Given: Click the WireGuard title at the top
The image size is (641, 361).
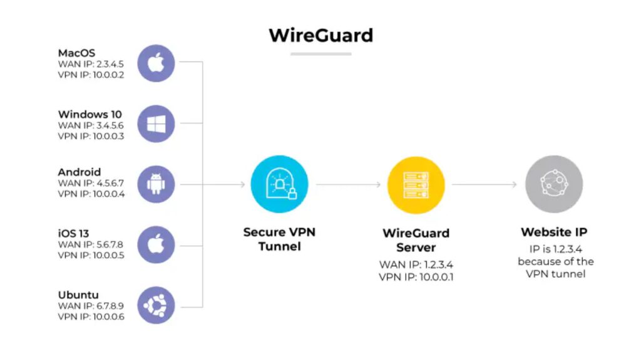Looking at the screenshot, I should [320, 34].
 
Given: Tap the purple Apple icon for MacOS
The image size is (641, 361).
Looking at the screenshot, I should [155, 62].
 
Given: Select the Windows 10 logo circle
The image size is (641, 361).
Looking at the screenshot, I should [155, 123].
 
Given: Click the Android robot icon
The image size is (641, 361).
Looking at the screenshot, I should [155, 184].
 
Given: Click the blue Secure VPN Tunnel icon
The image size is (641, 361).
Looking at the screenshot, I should [279, 184].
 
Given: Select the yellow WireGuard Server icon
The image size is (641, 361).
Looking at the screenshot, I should [416, 184].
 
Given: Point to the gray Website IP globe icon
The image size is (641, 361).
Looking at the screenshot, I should [553, 184].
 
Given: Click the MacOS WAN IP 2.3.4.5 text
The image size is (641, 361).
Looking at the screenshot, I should [92, 63].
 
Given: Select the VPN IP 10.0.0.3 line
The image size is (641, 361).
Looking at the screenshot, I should [91, 136].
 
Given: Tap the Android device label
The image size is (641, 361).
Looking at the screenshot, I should [79, 172].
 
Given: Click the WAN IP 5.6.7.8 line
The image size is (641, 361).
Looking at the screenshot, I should [92, 244].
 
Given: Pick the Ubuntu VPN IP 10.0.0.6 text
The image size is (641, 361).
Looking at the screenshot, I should [91, 317].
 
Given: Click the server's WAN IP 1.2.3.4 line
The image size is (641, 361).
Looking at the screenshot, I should [416, 264].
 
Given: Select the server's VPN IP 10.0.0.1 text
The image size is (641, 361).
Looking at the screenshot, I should [416, 276].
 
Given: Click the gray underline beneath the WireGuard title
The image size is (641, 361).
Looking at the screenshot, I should [320, 54].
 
